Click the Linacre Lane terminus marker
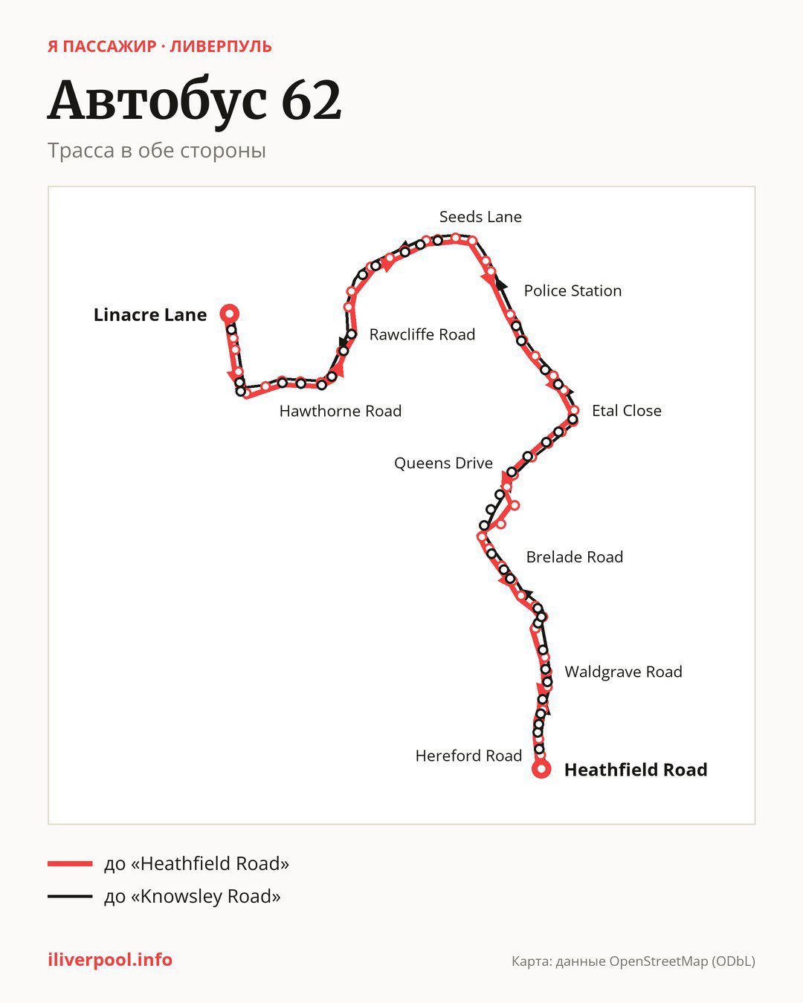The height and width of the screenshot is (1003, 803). coord(230,314)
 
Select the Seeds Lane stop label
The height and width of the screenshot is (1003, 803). coord(480,217)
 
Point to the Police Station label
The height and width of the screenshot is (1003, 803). coord(573,290)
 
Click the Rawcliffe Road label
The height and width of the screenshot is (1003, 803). coord(422,334)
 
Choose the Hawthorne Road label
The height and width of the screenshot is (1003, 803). coord(340,411)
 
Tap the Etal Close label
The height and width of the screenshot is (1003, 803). coord(626,410)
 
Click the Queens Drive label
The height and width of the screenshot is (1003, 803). coord(443,463)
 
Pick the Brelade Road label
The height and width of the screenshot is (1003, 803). coord(575,556)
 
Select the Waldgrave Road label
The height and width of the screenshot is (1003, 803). coord(623,672)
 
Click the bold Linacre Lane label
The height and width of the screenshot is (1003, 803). coord(149,314)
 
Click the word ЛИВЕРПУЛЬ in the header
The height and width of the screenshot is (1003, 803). coord(221,47)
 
